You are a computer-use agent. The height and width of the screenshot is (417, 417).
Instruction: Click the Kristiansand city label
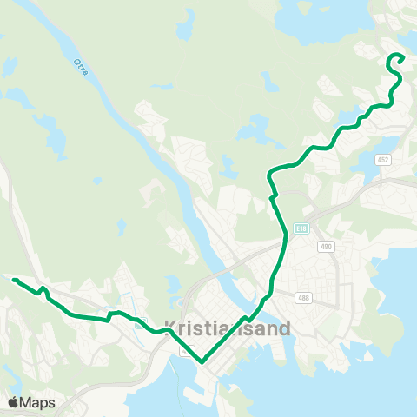pyautogui.click(x=228, y=330)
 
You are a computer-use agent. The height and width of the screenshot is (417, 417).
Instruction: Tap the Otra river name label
pyautogui.click(x=80, y=66)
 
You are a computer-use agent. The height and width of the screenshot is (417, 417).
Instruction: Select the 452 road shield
pyautogui.click(x=383, y=160)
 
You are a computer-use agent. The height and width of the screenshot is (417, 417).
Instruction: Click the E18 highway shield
pyautogui.click(x=301, y=228)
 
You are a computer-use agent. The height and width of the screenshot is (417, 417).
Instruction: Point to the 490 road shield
pyautogui.click(x=326, y=247)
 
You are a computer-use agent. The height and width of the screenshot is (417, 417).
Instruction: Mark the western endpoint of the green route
pyautogui.click(x=14, y=280)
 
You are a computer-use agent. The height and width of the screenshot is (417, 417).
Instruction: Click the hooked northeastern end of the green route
pyautogui.click(x=403, y=57)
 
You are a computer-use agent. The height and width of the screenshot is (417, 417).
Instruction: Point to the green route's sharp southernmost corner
pyautogui.click(x=202, y=361)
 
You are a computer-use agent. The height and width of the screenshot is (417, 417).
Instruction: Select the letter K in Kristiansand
pyautogui.click(x=169, y=330)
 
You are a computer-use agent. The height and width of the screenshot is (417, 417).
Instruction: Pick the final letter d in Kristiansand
pyautogui.click(x=288, y=330)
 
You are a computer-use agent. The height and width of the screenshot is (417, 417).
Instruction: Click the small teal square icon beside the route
pyautogui.click(x=140, y=328)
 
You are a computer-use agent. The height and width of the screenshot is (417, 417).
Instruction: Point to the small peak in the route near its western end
pyautogui.click(x=42, y=287)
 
